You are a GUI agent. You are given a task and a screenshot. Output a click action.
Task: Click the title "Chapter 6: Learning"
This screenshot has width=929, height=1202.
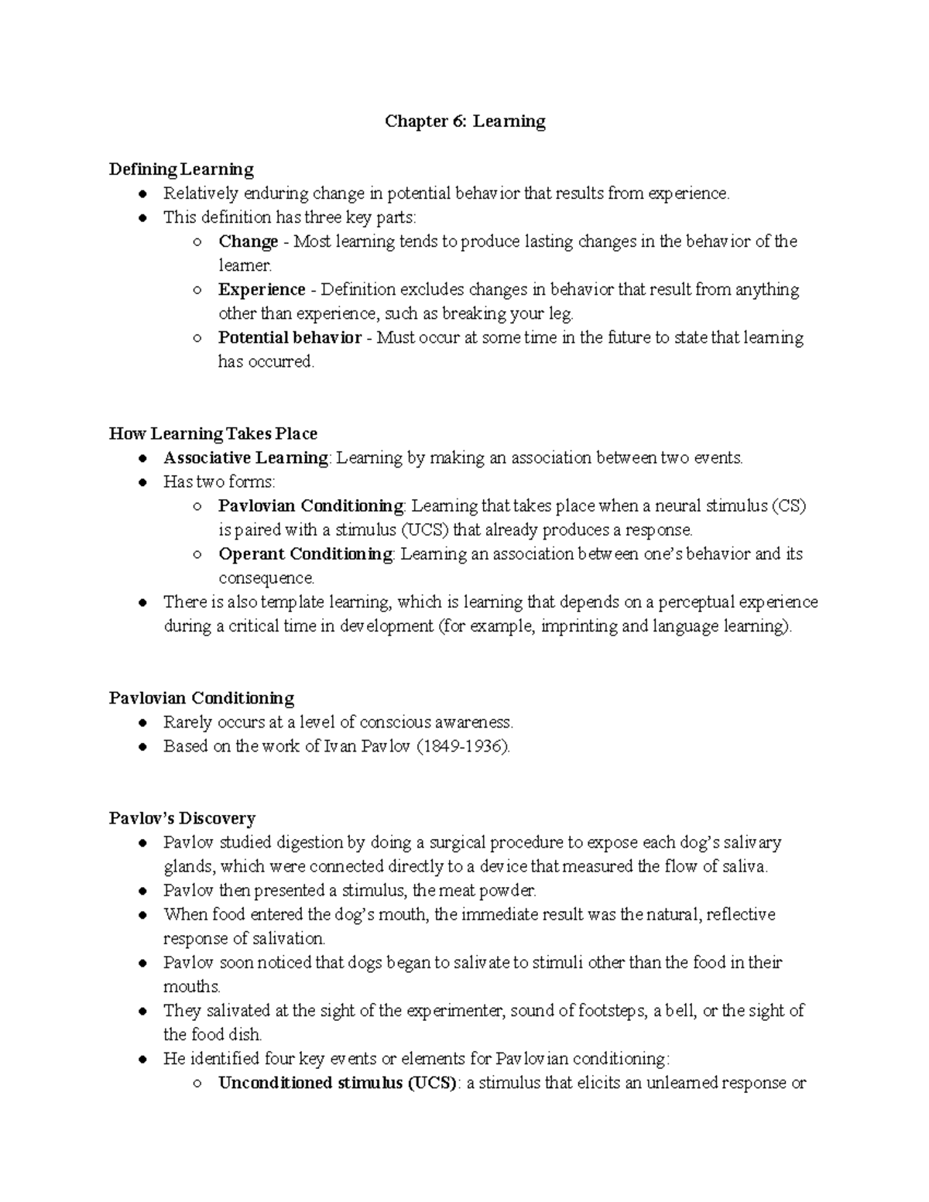tap(465, 122)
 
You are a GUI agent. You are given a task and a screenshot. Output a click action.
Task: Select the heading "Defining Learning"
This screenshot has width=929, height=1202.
tap(181, 170)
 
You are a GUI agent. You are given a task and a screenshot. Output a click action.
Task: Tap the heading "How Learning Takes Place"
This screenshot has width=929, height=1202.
tap(213, 433)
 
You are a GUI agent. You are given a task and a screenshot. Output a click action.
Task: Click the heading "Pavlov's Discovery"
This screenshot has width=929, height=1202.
tap(182, 818)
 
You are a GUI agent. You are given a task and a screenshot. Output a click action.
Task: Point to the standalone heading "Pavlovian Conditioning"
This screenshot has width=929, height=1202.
tap(201, 698)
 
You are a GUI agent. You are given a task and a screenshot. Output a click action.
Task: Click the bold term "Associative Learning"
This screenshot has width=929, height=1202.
tap(245, 457)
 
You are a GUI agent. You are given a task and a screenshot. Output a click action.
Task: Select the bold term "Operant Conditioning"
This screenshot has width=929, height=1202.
tap(306, 554)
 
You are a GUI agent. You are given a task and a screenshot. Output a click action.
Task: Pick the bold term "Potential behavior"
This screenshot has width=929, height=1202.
tap(290, 337)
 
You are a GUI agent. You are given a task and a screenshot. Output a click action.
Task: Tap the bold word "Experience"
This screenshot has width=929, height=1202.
tap(262, 289)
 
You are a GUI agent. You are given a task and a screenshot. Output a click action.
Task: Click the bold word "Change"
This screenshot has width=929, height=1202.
tap(248, 241)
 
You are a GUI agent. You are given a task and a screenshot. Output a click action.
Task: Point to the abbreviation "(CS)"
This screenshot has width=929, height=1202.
tap(789, 506)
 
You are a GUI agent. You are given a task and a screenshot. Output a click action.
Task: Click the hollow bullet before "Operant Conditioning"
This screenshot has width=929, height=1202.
tap(198, 555)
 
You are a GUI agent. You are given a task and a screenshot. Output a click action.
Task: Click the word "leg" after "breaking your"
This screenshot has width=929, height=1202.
tap(562, 314)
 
